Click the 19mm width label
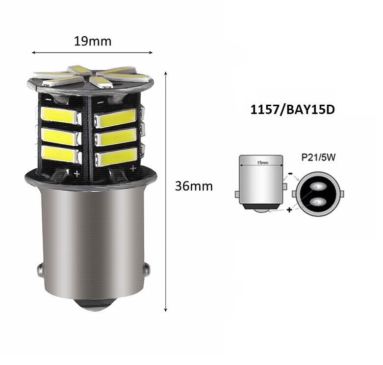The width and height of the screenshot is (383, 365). (93, 41)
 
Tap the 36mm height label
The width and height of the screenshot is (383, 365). (194, 186)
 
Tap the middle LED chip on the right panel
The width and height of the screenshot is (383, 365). (116, 138)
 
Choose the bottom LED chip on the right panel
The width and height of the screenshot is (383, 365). (116, 157)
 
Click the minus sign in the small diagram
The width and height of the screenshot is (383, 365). (290, 173)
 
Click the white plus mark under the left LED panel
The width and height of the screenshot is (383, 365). (77, 173)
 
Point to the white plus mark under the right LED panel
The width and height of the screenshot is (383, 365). (133, 168)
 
